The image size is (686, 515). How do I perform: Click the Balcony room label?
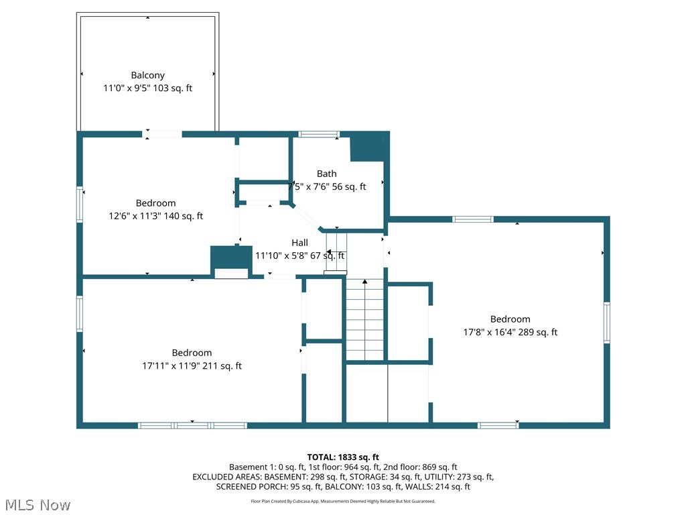(148, 75)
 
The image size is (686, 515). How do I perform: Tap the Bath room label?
(327, 174)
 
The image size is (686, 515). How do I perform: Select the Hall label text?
(299, 243)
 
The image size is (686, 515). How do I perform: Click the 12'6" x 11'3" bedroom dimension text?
(155, 216)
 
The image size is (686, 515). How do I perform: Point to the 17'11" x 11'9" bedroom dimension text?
(192, 365)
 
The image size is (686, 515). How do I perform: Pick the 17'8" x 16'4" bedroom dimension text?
(510, 332)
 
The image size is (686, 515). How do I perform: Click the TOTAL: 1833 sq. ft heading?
(343, 457)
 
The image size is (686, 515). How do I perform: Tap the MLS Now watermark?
(38, 505)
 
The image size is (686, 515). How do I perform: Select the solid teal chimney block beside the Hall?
(231, 258)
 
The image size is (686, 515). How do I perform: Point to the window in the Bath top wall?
(319, 134)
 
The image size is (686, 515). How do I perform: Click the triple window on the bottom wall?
(192, 425)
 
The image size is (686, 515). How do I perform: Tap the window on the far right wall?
(607, 323)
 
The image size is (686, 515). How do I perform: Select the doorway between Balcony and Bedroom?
(162, 134)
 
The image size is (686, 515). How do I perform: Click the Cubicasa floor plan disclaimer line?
(343, 501)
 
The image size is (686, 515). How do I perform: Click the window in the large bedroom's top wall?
(473, 219)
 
